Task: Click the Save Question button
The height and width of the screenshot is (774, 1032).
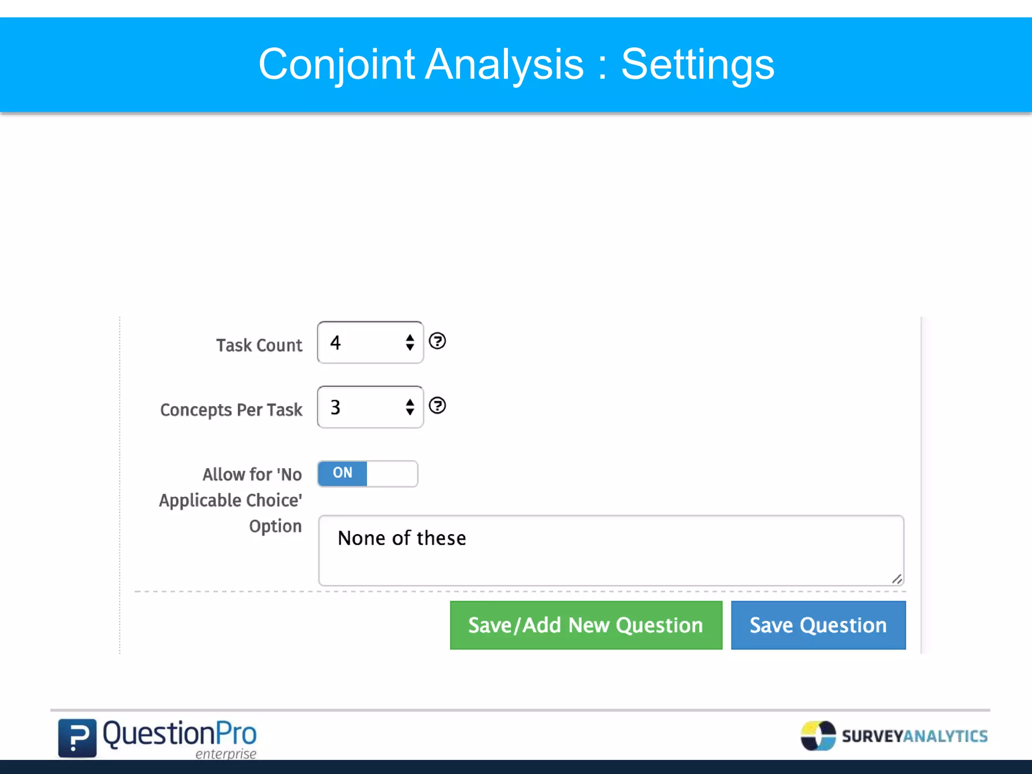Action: pos(818,625)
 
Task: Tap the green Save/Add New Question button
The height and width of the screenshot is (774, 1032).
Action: pos(586,625)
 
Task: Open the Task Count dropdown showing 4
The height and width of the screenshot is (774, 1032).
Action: pos(370,343)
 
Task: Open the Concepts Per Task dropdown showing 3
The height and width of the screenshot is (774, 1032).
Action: pos(370,407)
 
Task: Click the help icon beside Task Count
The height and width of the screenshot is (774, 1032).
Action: pos(437,341)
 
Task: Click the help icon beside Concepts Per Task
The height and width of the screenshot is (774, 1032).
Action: pos(437,406)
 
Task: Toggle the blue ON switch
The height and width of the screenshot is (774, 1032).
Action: pos(367,474)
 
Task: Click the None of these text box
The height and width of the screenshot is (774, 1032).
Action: pos(611,550)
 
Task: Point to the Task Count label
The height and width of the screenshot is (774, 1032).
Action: pos(259,345)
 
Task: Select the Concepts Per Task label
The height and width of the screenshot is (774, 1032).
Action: pos(231,410)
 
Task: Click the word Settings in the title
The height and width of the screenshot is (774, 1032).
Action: pos(697,64)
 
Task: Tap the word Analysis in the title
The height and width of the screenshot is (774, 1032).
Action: pos(504,64)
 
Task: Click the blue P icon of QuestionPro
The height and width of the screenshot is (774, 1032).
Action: pos(77,738)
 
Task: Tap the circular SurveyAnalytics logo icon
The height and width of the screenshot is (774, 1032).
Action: pos(818,736)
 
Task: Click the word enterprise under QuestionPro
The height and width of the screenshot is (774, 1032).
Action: pos(226,754)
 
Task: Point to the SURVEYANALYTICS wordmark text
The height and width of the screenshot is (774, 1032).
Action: pos(915,736)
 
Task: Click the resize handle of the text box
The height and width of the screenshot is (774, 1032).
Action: pos(897,579)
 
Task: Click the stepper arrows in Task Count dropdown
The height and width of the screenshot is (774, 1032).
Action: pos(410,343)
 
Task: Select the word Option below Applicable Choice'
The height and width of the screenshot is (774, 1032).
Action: pos(275,526)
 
